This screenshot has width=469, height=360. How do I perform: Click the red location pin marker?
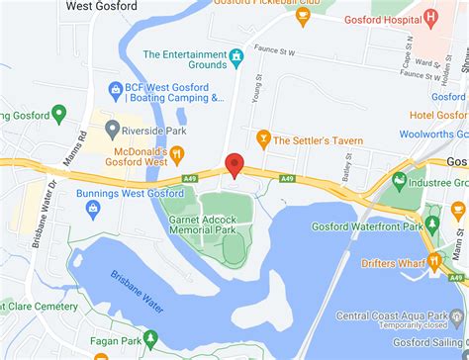click(x=234, y=164)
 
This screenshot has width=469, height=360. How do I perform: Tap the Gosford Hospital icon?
click(x=430, y=18)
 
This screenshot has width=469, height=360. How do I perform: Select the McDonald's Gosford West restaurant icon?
click(x=176, y=153)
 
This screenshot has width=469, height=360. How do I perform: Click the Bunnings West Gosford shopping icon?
click(x=93, y=209)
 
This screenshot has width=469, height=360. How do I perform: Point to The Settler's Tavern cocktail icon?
click(x=262, y=137)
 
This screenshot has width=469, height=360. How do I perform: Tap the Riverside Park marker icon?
click(x=113, y=129)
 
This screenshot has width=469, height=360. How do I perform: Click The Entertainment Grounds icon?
click(x=236, y=55)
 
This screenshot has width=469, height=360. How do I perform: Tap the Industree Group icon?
click(x=399, y=180)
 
